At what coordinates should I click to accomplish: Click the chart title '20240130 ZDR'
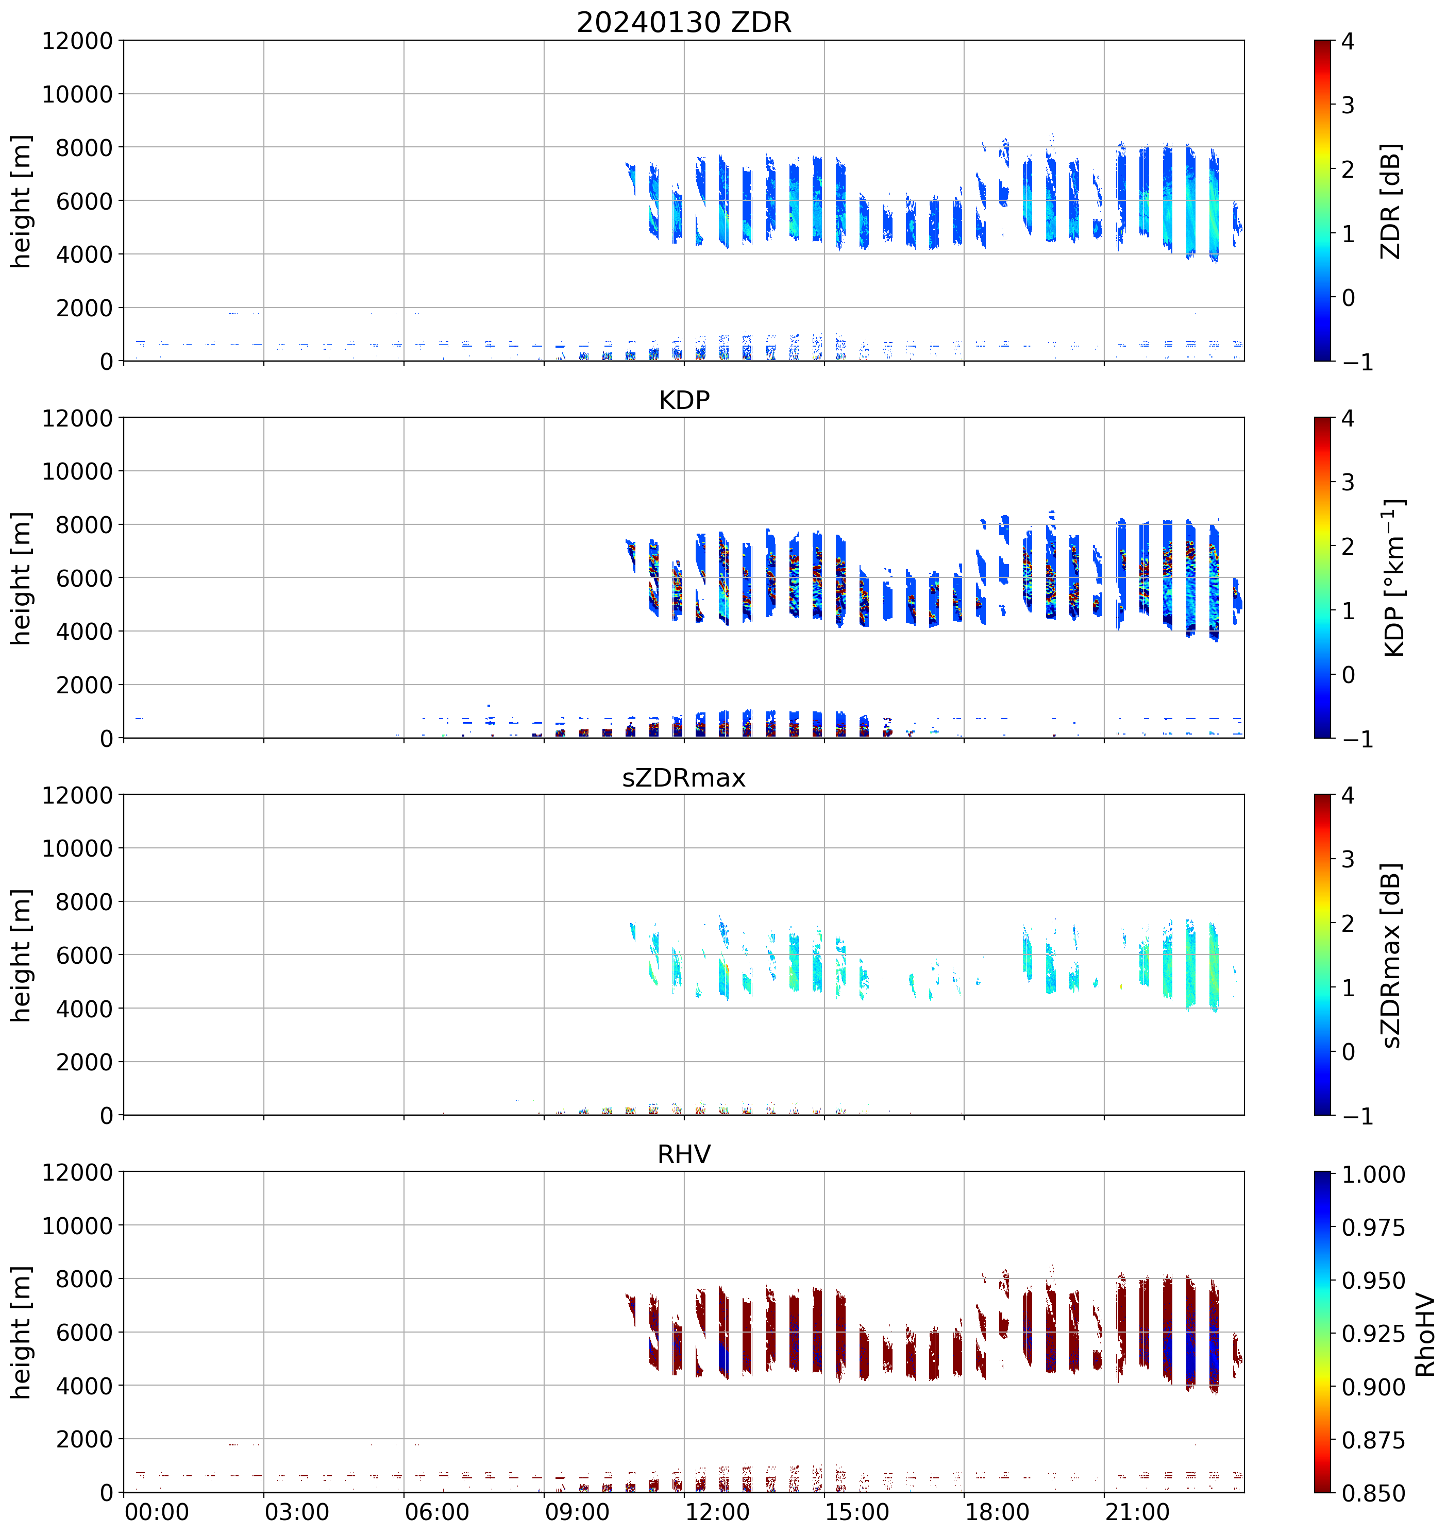pyautogui.click(x=684, y=22)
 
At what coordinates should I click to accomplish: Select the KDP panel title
pyautogui.click(x=684, y=400)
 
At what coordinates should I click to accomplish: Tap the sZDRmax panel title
pyautogui.click(x=684, y=777)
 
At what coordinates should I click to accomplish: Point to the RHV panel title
pyautogui.click(x=684, y=1154)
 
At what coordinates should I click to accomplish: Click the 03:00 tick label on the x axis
pyautogui.click(x=297, y=1512)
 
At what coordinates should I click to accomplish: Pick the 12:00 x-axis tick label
pyautogui.click(x=717, y=1512)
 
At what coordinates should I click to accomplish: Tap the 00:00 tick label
pyautogui.click(x=157, y=1512)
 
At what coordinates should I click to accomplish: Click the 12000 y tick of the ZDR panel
pyautogui.click(x=77, y=41)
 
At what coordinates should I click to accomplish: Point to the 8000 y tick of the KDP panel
pyautogui.click(x=84, y=525)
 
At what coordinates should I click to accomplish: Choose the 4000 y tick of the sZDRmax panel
pyautogui.click(x=84, y=1009)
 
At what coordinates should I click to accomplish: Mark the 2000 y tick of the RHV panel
pyautogui.click(x=84, y=1439)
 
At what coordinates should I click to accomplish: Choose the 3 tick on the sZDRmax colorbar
pyautogui.click(x=1348, y=859)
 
